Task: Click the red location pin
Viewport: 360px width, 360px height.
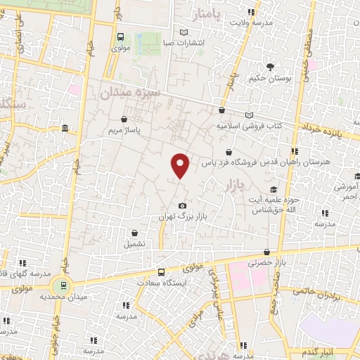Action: click(181, 165)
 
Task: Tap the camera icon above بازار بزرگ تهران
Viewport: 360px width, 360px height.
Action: click(182, 205)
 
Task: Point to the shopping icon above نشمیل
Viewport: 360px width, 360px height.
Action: click(134, 233)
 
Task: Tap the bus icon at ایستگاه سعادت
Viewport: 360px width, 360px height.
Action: click(162, 272)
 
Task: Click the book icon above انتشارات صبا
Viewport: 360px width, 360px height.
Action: click(184, 32)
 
